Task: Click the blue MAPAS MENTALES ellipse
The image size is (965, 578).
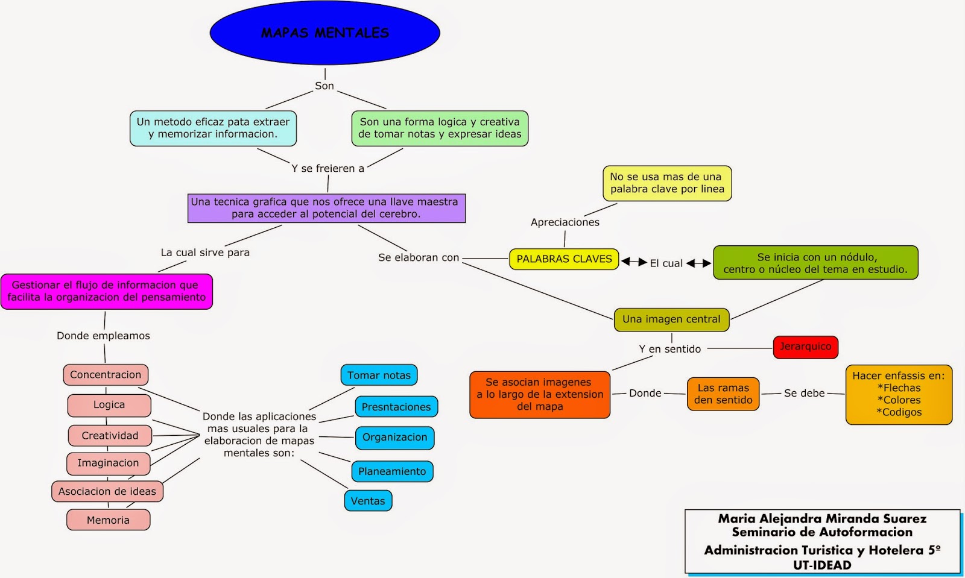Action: pyautogui.click(x=324, y=33)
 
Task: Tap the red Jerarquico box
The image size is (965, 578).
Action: pyautogui.click(x=805, y=347)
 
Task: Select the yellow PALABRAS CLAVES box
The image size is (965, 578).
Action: pyautogui.click(x=564, y=259)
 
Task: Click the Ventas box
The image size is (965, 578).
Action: pyautogui.click(x=368, y=501)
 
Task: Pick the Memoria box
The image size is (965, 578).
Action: pyautogui.click(x=108, y=520)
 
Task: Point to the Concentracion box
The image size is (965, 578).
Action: pyautogui.click(x=106, y=375)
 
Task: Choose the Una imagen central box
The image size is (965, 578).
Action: pyautogui.click(x=671, y=319)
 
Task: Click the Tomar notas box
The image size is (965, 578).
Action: pyautogui.click(x=379, y=375)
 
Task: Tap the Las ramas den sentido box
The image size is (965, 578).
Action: pyautogui.click(x=723, y=394)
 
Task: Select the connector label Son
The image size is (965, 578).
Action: pyautogui.click(x=324, y=86)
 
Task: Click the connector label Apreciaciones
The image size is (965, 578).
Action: pyautogui.click(x=565, y=222)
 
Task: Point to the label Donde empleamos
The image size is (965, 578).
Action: pyautogui.click(x=103, y=336)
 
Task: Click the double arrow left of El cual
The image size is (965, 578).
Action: pyautogui.click(x=634, y=262)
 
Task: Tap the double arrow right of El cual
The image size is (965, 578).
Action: pyautogui.click(x=698, y=263)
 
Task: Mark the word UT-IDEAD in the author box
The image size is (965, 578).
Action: pyautogui.click(x=822, y=565)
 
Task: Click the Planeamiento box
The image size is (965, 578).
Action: pyautogui.click(x=392, y=471)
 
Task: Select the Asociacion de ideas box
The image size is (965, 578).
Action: pyautogui.click(x=107, y=491)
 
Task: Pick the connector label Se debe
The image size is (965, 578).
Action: pyautogui.click(x=804, y=393)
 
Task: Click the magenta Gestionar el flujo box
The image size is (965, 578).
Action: pyautogui.click(x=106, y=291)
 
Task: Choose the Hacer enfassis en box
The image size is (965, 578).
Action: pyautogui.click(x=899, y=394)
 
